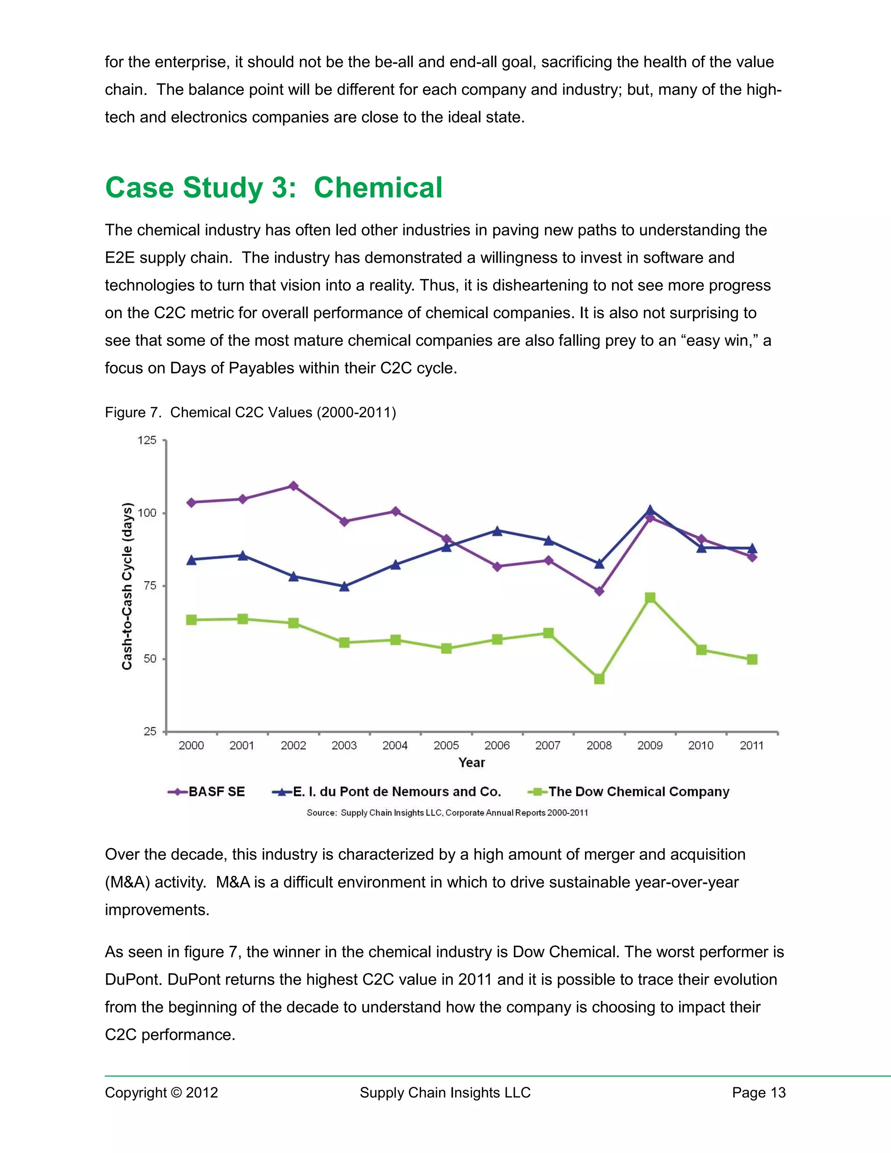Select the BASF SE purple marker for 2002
coord(294,486)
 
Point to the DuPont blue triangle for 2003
coord(344,586)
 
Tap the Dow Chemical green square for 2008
coord(599,678)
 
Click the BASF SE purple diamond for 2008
coord(599,591)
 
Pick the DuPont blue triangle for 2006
coord(497,530)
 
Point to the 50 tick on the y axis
coord(150,658)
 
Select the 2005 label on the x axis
coord(446,745)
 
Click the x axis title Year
coord(471,762)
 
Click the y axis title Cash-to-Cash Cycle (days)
coord(127,586)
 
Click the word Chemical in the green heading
coord(378,188)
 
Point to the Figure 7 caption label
coord(133,412)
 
